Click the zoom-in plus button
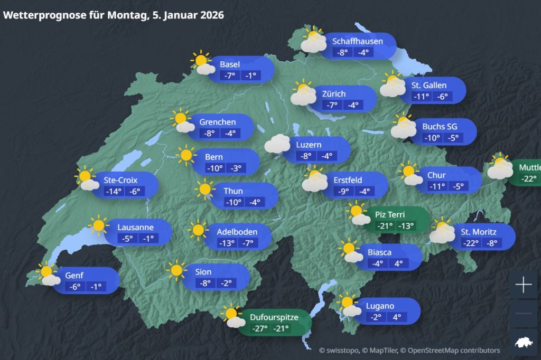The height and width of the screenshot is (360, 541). coord(523,286)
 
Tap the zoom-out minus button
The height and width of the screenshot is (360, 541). coord(523,314)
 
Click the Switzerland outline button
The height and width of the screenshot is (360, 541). coord(523,342)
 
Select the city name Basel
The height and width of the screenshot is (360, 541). coord(230,64)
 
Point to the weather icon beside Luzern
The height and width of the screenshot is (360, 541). coord(277,144)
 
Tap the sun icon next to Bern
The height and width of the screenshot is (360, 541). coord(186,155)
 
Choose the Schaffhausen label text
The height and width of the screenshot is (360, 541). coord(358,41)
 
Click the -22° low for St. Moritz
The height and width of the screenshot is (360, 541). coord(470,243)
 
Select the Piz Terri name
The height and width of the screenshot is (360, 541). coord(390,214)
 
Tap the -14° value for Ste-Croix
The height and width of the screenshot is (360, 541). coord(113,191)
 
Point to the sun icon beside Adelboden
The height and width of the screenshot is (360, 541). coord(198,230)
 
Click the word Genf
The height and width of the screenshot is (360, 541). coord(74,275)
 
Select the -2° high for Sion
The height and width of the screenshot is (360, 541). coord(227,283)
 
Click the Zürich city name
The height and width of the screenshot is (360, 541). coord(334,94)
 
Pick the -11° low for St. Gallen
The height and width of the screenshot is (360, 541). coord(421,97)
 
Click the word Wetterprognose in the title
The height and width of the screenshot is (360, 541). coord(40,15)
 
